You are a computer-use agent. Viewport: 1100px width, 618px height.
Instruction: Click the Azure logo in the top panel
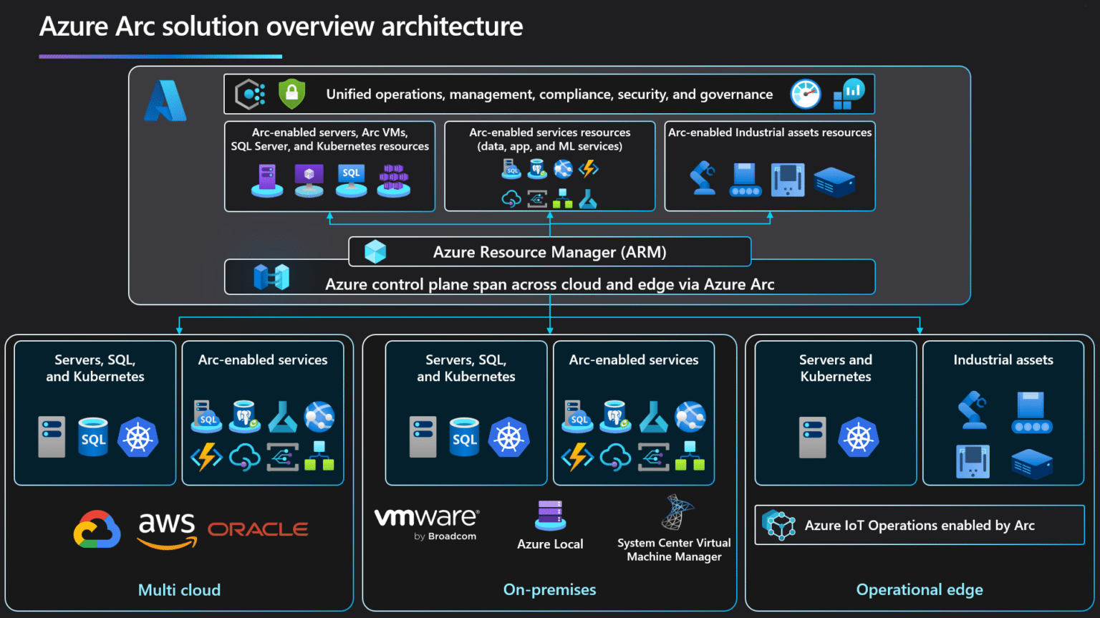click(x=165, y=101)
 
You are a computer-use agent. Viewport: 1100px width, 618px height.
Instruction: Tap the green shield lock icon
click(x=291, y=94)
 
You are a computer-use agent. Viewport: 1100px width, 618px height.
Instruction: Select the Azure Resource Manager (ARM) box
click(x=549, y=252)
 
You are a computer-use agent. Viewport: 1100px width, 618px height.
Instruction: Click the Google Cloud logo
click(x=97, y=529)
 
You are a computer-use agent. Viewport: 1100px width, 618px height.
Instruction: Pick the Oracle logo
click(x=258, y=529)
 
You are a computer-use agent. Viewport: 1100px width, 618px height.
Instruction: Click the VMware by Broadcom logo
click(x=427, y=523)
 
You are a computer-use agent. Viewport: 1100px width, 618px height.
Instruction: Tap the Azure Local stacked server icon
click(x=550, y=515)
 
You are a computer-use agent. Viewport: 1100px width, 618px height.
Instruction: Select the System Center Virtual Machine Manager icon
click(x=676, y=512)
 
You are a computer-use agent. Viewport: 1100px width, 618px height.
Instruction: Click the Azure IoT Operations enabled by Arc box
click(x=919, y=525)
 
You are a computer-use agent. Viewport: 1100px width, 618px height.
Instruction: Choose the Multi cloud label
click(x=179, y=590)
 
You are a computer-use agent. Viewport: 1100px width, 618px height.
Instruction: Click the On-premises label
click(x=549, y=590)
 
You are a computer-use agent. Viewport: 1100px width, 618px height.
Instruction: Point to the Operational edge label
click(x=920, y=590)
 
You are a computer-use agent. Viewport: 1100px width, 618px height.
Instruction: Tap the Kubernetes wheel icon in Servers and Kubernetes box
click(x=858, y=437)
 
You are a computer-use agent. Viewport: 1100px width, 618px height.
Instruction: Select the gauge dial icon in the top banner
click(x=806, y=94)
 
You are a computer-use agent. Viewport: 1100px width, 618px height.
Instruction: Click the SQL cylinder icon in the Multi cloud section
click(x=93, y=437)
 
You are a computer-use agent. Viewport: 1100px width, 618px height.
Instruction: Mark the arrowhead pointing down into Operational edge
click(x=920, y=330)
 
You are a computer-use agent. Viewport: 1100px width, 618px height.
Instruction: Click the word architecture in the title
click(x=452, y=26)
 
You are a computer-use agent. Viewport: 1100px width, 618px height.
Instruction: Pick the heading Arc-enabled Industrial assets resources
click(x=770, y=132)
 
